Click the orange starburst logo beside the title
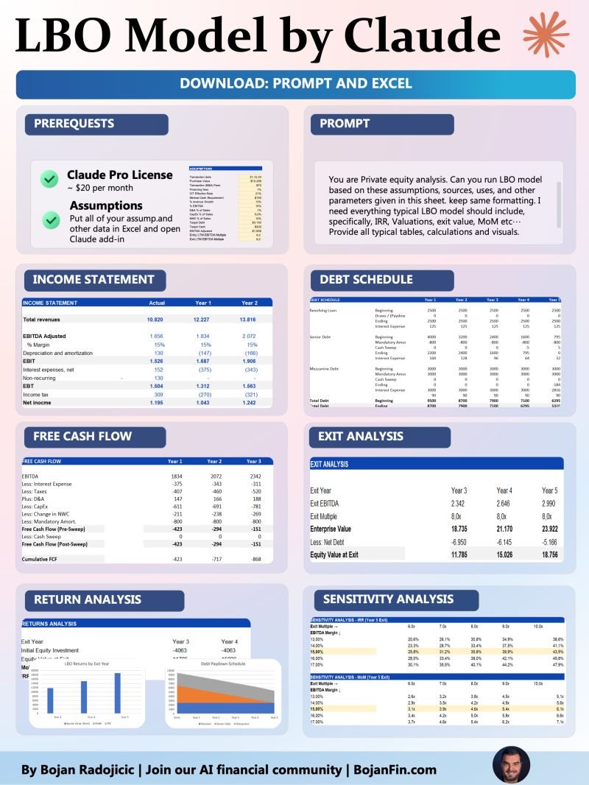point(546,34)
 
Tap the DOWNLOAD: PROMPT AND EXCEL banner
point(295,84)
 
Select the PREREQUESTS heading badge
point(74,124)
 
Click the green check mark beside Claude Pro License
point(49,178)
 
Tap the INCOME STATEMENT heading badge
point(94,280)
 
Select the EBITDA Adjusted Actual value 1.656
point(155,336)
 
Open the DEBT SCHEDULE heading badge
point(366,280)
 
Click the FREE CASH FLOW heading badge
point(82,437)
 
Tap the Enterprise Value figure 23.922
point(549,529)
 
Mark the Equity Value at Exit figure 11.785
point(459,554)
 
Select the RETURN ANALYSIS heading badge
point(87,599)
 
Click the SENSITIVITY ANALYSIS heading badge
point(388,599)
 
